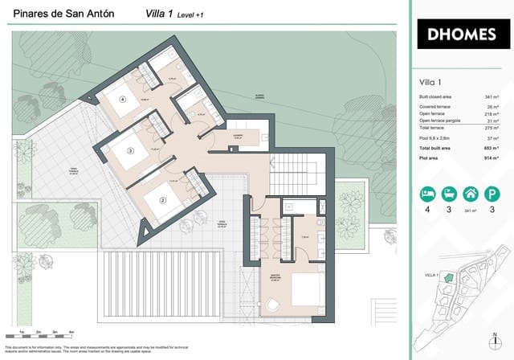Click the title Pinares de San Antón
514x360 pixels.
click(x=63, y=14)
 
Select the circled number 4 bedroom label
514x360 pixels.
click(x=123, y=100)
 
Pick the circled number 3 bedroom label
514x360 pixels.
click(x=130, y=150)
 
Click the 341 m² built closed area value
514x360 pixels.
click(x=491, y=97)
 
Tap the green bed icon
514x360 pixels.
click(x=428, y=194)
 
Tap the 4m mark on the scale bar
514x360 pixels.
click(x=72, y=331)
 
